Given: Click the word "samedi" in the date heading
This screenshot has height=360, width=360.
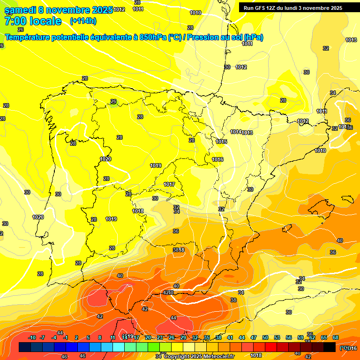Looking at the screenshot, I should point(21,10).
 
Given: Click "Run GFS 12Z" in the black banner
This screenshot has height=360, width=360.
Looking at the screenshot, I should point(261,8).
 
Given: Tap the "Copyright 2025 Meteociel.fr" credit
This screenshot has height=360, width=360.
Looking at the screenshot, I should point(199,357).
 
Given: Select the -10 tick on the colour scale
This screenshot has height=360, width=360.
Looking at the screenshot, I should point(32,338).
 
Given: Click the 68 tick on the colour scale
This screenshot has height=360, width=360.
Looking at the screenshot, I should point(336,338).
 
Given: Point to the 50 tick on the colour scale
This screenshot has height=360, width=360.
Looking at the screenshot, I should point(266,338).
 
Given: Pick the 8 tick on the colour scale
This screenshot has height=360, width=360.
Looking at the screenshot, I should point(100,338).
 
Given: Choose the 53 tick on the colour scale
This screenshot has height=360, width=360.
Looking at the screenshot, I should point(277,338).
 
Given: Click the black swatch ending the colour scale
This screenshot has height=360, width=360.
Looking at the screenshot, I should point(330,347).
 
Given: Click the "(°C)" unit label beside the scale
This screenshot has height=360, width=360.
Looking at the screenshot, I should point(345,348).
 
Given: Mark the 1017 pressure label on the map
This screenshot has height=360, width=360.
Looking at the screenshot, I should point(169,184).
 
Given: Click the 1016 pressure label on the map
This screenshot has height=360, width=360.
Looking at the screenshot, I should point(217,159).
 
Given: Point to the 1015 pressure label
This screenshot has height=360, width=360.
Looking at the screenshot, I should point(221,142).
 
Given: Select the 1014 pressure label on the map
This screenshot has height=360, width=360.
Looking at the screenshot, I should point(236,132).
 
